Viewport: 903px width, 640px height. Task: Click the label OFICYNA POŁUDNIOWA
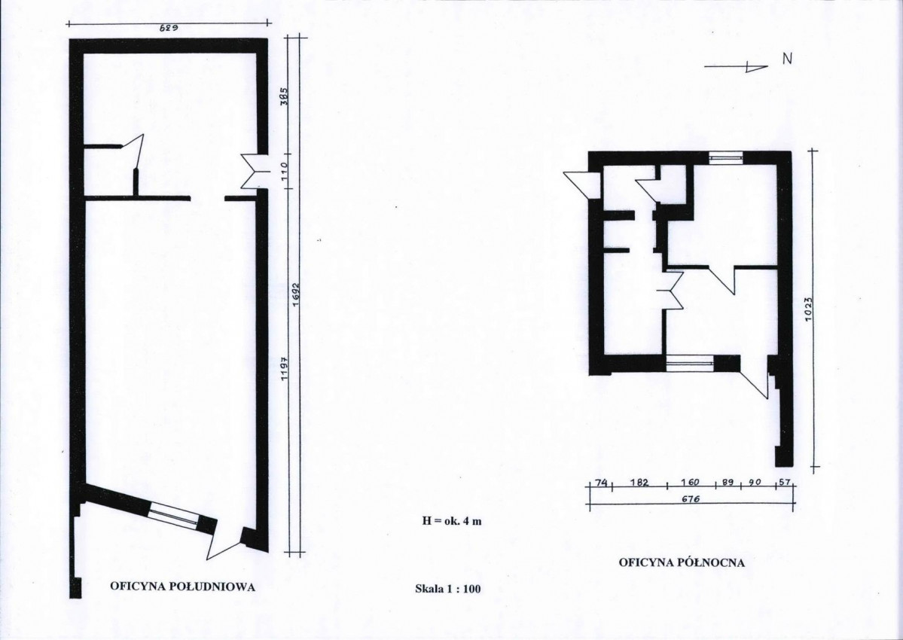pos(182,587)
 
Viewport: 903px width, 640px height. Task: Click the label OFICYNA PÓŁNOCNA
pos(682,562)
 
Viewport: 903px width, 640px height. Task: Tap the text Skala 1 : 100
pos(447,589)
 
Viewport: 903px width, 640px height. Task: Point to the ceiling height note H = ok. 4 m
pos(452,521)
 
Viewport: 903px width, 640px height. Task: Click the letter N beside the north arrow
pos(787,58)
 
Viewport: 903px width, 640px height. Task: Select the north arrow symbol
pos(736,67)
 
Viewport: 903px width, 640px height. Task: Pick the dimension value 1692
pos(295,294)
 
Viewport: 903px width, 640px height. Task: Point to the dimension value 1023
pos(809,309)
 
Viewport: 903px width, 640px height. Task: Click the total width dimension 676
pos(690,499)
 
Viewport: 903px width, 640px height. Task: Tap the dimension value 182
pos(639,483)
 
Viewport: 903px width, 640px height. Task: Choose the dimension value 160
pos(690,483)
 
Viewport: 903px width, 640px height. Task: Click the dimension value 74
pos(601,483)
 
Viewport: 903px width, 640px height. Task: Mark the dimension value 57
pos(785,483)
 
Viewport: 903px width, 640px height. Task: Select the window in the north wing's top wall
pos(725,157)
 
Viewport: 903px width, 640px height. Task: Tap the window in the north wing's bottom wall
pos(690,363)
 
